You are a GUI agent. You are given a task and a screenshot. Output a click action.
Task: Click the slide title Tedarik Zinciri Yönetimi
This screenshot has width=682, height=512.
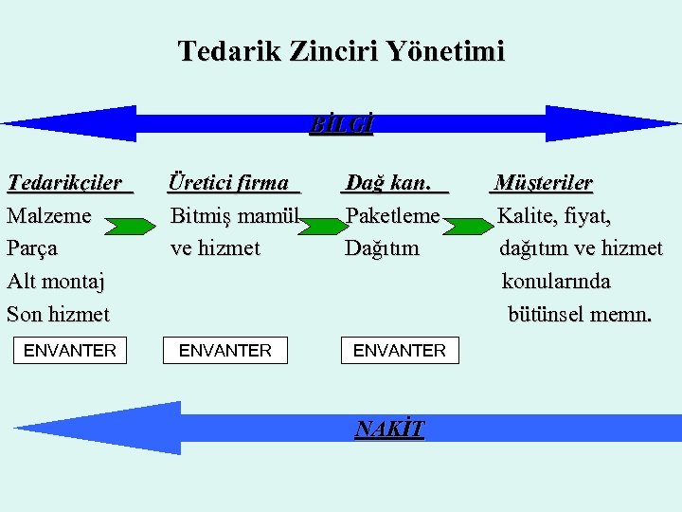coord(341,50)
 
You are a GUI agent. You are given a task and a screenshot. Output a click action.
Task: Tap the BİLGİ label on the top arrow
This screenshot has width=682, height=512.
coord(342,124)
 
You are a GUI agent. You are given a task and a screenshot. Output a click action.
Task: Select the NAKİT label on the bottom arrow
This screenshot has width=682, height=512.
coord(389,430)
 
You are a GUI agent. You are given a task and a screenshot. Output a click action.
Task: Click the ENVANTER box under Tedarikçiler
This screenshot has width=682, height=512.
coord(69,351)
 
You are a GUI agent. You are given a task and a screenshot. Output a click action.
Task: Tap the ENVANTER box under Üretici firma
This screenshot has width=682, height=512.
coord(225,351)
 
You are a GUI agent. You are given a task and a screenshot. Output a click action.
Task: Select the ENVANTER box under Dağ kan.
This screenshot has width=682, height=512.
coord(400,351)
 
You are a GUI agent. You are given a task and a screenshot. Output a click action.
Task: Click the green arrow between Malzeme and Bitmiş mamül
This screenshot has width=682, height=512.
coord(129,226)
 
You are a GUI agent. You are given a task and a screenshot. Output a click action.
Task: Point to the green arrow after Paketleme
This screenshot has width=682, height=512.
coord(469,226)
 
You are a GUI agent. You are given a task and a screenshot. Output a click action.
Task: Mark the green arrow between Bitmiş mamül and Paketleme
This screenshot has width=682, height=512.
coord(316,226)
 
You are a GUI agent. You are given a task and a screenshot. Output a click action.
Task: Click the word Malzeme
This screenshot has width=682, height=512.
coord(49,215)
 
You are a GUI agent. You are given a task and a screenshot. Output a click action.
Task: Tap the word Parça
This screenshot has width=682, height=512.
coord(32,248)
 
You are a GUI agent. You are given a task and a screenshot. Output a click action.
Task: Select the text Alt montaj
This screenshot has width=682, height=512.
coord(56,281)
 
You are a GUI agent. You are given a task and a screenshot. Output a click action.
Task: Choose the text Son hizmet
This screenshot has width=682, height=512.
coord(58,314)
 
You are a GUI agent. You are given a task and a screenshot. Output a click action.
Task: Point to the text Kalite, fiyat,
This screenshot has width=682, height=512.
coord(555,215)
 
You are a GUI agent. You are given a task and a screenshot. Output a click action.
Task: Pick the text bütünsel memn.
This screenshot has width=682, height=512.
coord(580,314)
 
